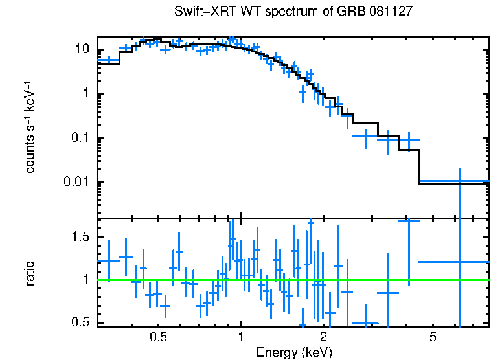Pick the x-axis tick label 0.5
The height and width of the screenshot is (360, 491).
tap(158, 337)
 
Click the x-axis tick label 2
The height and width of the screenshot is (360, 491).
tap(323, 337)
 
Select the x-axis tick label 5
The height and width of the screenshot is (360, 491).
tap(433, 337)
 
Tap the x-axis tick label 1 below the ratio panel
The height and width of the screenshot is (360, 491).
tap(241, 337)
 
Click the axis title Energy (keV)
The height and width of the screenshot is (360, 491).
tap(293, 352)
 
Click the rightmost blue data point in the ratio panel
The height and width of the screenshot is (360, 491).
tap(459, 262)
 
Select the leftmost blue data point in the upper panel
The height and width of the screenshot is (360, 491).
tap(109, 60)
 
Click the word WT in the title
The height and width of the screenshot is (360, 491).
tap(250, 12)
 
